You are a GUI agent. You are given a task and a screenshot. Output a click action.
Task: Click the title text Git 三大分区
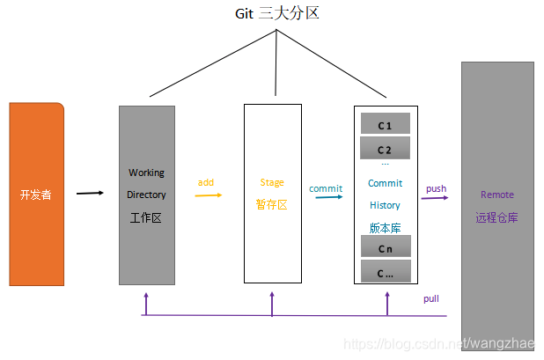(x=276, y=13)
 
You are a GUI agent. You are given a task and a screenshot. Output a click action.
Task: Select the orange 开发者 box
(x=36, y=195)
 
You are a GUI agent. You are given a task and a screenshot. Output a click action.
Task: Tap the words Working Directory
(x=146, y=184)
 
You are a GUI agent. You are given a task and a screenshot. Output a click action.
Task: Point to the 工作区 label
(x=146, y=217)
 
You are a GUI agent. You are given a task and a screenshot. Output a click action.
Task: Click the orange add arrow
(x=208, y=195)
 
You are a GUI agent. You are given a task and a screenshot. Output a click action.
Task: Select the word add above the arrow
(x=205, y=182)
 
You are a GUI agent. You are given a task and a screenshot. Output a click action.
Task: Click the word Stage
(x=272, y=182)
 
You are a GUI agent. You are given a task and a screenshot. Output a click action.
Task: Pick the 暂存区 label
(x=272, y=204)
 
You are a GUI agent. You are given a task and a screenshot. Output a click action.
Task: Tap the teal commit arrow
(x=329, y=197)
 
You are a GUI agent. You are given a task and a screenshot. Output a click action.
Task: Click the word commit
(x=326, y=187)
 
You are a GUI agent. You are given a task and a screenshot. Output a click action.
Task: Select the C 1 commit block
(x=385, y=125)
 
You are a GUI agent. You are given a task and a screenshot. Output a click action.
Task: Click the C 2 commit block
(x=385, y=150)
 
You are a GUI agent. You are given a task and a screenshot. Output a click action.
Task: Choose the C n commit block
(x=385, y=248)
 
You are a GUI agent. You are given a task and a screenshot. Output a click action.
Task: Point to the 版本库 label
(x=385, y=227)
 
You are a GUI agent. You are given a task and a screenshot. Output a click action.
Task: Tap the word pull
(x=430, y=299)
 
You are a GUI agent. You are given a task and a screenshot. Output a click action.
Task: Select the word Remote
(x=497, y=195)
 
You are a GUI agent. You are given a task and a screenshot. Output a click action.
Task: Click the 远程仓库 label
(x=497, y=217)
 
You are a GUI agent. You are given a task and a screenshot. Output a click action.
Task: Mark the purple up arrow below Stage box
(x=272, y=303)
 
